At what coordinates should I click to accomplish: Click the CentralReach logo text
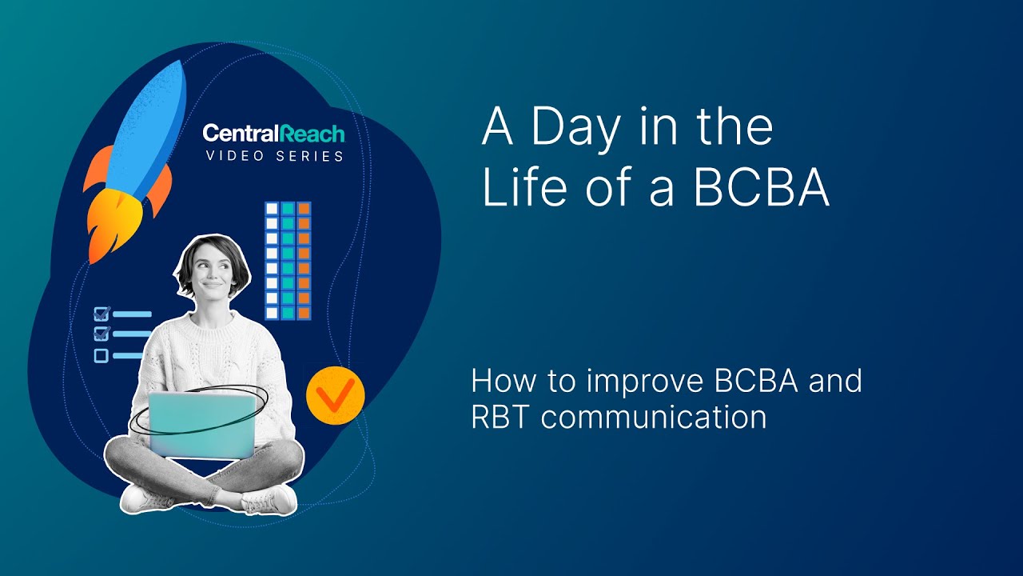click(x=273, y=133)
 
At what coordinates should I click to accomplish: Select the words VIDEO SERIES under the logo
click(x=274, y=156)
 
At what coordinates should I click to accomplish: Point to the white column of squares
click(x=272, y=261)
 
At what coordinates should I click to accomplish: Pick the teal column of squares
click(x=288, y=261)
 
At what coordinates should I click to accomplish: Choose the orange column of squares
click(x=304, y=261)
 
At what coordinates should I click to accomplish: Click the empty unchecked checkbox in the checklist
click(x=102, y=356)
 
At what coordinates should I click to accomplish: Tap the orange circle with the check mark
click(x=335, y=395)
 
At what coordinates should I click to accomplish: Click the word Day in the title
click(x=572, y=127)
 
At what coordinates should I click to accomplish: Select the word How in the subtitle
click(x=500, y=381)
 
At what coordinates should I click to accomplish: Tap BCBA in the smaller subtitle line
click(x=757, y=381)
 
